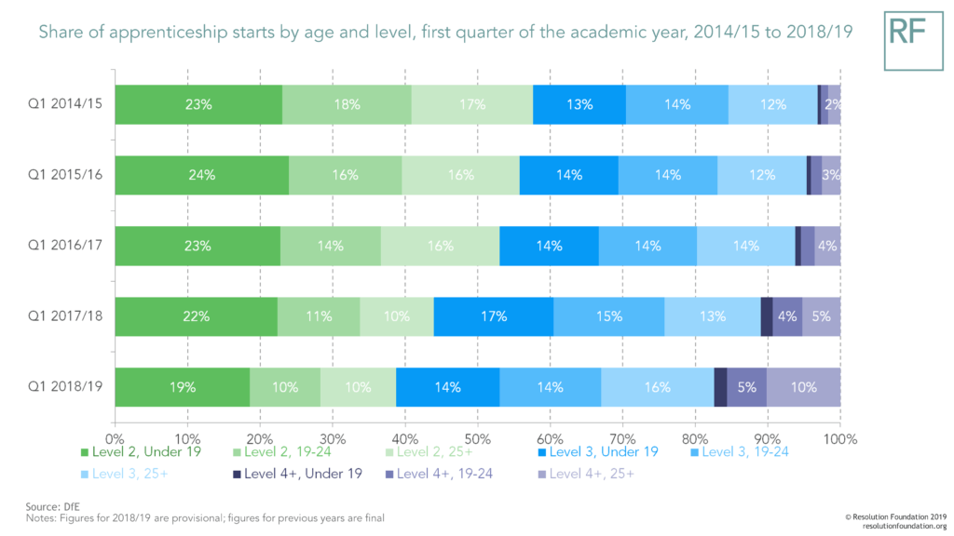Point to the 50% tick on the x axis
[x=477, y=437]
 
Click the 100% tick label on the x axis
[x=839, y=437]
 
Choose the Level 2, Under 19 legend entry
[x=140, y=452]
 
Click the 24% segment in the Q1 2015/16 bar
[x=202, y=175]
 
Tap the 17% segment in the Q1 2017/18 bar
[x=494, y=316]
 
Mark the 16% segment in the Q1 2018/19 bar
[x=657, y=387]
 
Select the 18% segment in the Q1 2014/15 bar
[x=347, y=105]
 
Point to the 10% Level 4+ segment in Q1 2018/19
[x=803, y=387]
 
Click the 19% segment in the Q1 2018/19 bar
[x=183, y=387]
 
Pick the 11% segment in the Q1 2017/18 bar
[x=319, y=316]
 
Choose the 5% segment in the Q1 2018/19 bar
[x=746, y=387]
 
